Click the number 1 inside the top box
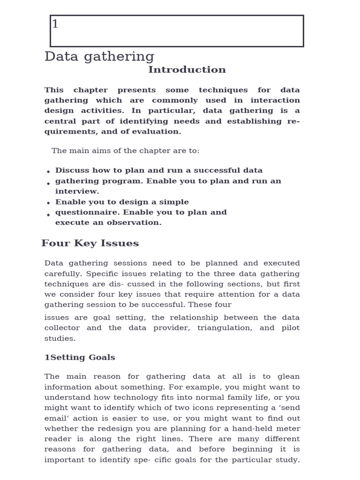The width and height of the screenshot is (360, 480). coord(55,24)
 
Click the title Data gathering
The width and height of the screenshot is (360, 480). coord(99,57)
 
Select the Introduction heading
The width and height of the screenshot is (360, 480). coord(187,70)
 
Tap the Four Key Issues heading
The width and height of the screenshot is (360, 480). coord(90,243)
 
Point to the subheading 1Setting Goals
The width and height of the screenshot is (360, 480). coord(80,357)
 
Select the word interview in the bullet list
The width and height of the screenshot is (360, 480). coord(77,191)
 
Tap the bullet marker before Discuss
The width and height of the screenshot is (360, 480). coord(48,172)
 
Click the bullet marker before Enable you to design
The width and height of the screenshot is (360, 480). coord(48,203)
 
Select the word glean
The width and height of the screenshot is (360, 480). coord(288,376)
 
